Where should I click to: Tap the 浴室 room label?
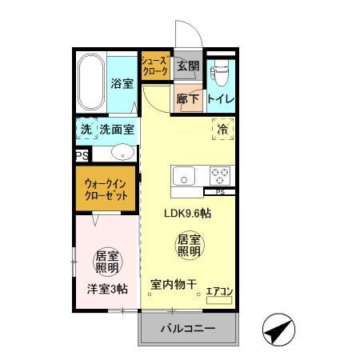click(122, 83)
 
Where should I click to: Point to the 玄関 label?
click(188, 66)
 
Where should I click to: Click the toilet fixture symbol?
click(219, 74)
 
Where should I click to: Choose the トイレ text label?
click(220, 99)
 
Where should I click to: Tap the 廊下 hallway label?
click(188, 99)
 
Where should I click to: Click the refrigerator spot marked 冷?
click(222, 128)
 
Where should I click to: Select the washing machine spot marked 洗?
click(85, 129)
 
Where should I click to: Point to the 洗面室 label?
click(117, 129)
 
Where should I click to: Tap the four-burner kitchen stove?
click(219, 174)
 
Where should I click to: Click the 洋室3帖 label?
click(107, 290)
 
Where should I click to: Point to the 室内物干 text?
click(174, 284)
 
